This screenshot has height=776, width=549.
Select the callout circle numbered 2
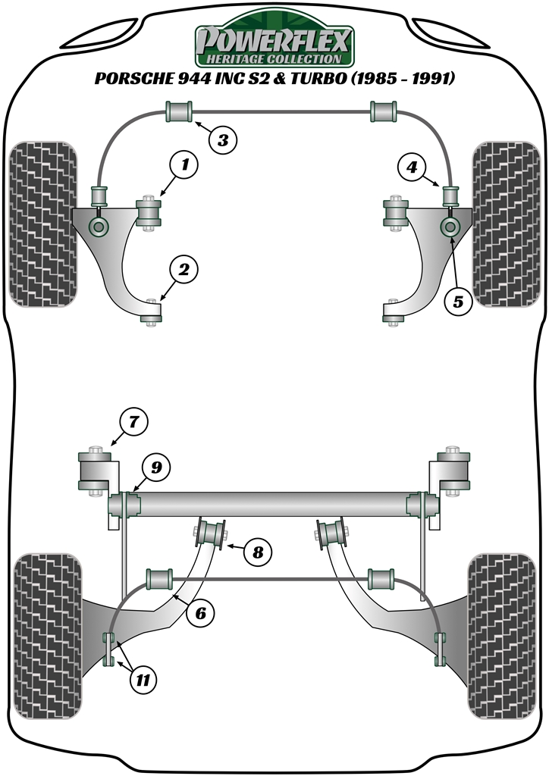184,268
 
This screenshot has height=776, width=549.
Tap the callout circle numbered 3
222,139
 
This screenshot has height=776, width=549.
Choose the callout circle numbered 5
458,301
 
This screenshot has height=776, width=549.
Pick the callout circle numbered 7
134,421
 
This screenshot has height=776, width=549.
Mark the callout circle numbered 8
258,552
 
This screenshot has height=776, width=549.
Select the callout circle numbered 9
155,468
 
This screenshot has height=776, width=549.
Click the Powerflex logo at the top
274,43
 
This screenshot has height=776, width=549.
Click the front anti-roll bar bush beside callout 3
180,111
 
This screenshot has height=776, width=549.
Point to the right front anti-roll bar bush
384,111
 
